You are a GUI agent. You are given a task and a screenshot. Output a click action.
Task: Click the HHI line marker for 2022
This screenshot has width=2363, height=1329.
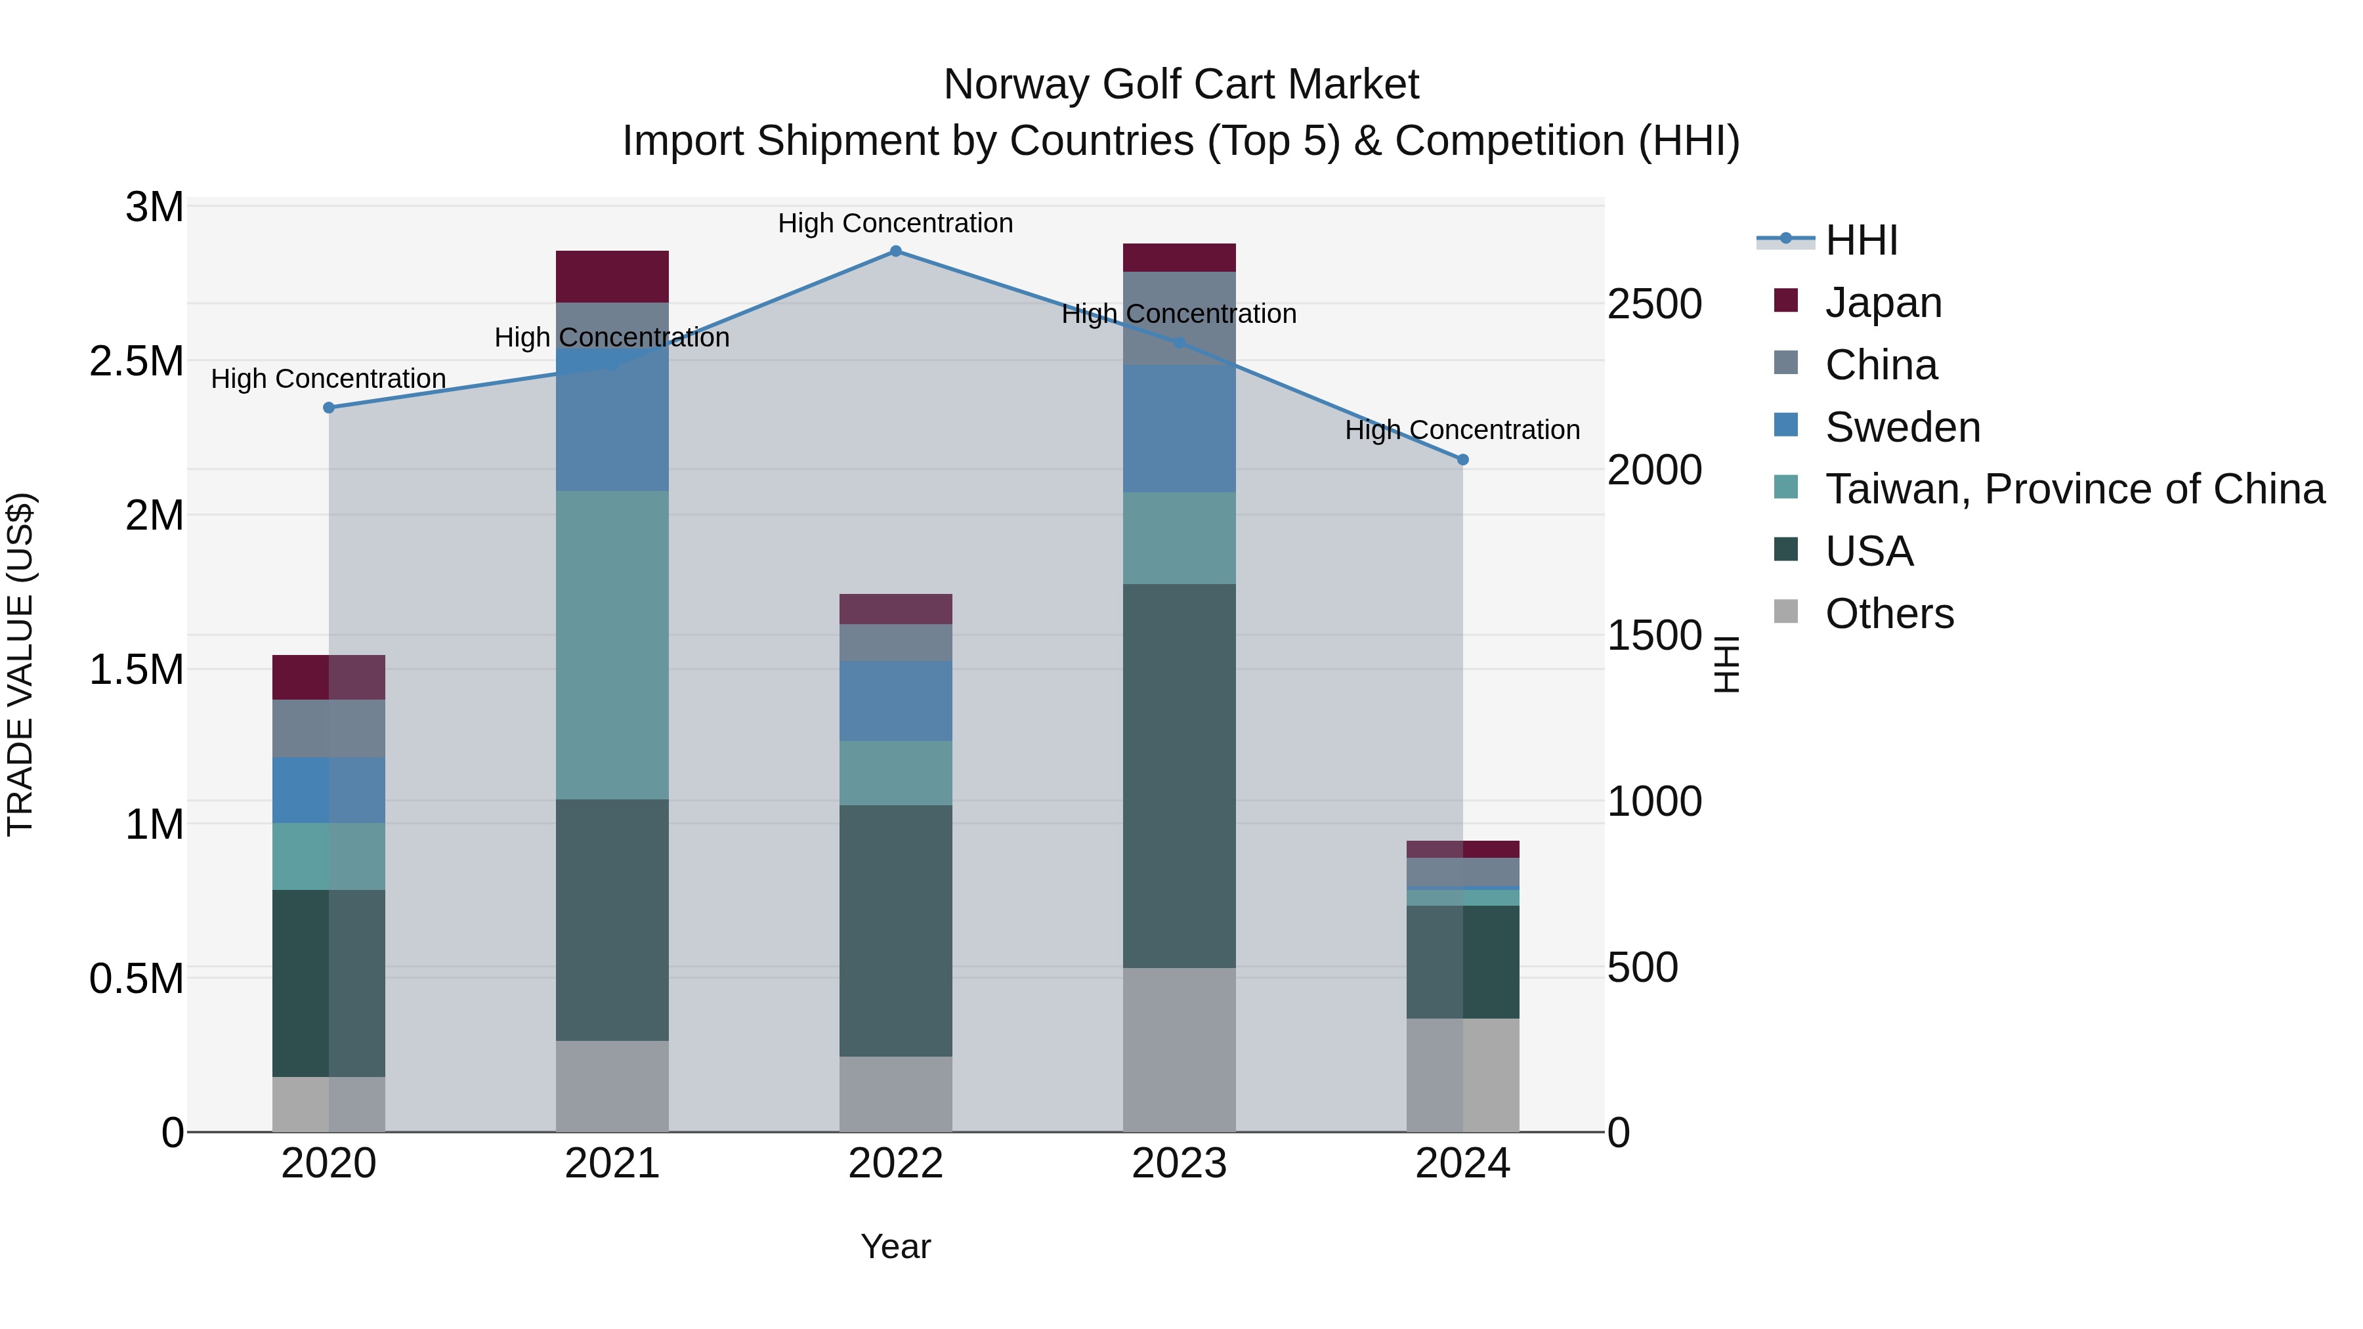(x=895, y=251)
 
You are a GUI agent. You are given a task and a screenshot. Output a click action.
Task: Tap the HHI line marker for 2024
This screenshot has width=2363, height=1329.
(x=1462, y=459)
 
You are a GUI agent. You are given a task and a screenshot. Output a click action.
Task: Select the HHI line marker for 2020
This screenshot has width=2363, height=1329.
(x=328, y=407)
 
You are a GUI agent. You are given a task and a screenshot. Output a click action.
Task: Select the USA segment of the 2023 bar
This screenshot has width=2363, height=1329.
(x=1179, y=776)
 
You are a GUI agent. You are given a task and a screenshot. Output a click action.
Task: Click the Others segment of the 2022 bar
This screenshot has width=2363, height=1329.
(x=895, y=1094)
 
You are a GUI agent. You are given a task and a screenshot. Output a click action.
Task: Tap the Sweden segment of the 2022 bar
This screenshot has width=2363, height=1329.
(x=895, y=701)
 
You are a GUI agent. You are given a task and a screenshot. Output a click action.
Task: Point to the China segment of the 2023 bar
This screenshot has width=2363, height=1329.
(x=1179, y=318)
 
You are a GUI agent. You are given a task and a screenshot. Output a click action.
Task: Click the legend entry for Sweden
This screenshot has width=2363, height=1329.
(x=1902, y=427)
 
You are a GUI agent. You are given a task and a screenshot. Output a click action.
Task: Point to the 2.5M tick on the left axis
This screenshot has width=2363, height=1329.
(x=137, y=362)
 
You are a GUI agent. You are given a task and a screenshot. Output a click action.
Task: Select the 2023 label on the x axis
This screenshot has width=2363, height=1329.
(x=1179, y=1164)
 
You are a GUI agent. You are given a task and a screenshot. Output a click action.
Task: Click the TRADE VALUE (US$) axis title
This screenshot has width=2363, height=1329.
(x=20, y=664)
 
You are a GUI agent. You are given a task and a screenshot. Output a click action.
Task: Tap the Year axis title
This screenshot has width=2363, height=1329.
(x=895, y=1246)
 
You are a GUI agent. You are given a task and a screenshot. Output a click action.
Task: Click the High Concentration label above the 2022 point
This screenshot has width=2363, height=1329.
(x=895, y=223)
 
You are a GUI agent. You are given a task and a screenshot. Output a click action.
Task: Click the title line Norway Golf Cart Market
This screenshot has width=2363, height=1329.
(x=1181, y=85)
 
